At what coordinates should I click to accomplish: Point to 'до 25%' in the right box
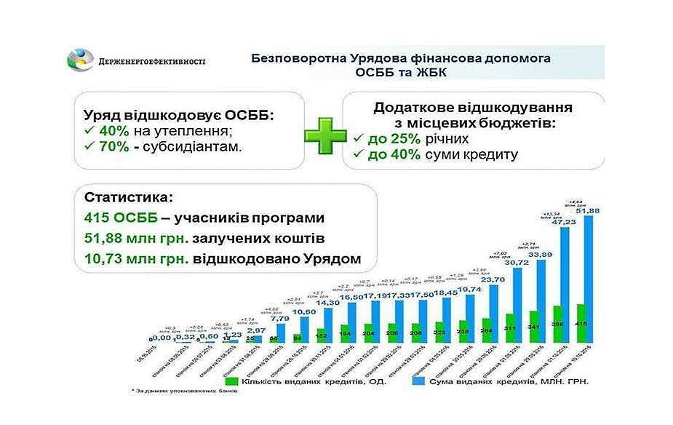point(384,138)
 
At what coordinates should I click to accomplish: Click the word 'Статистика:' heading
point(119,198)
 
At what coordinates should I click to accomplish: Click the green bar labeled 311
point(511,327)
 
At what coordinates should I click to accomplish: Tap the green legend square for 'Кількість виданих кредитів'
point(232,381)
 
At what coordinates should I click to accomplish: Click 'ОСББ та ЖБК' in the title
point(401,73)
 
